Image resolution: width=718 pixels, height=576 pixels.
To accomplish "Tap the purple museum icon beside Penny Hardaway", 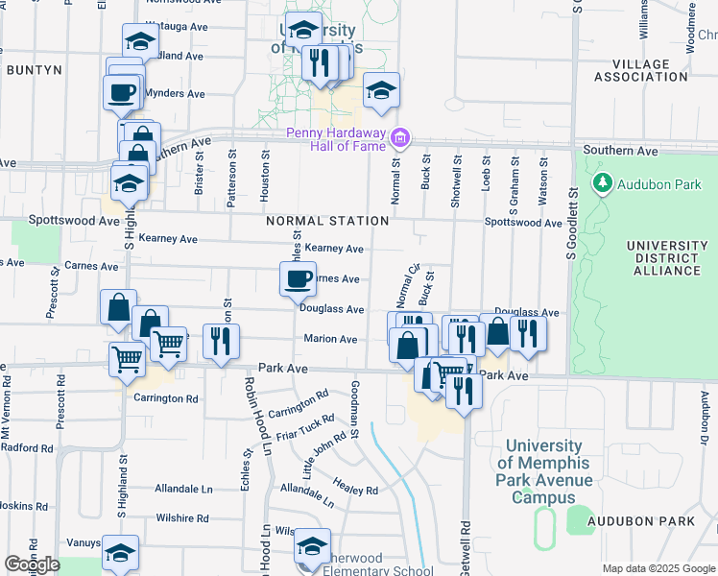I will point(400,140).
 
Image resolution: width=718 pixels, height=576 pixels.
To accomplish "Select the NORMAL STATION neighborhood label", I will point(327,221).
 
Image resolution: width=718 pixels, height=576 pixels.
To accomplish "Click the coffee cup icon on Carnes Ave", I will point(298,279).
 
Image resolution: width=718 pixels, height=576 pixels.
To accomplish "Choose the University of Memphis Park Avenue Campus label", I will point(543,471).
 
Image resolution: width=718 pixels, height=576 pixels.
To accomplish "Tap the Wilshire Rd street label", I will point(182,518).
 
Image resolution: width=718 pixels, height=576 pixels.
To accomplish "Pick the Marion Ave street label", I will point(330,339).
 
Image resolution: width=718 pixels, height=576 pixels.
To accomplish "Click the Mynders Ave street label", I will point(175,94).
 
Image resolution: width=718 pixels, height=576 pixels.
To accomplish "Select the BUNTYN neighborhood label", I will point(34,70).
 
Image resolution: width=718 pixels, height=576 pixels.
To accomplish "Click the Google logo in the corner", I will point(32,564).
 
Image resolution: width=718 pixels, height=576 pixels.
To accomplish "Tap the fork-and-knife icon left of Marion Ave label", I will point(221,340).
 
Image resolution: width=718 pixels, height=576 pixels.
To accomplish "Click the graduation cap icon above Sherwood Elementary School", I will point(312,545).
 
